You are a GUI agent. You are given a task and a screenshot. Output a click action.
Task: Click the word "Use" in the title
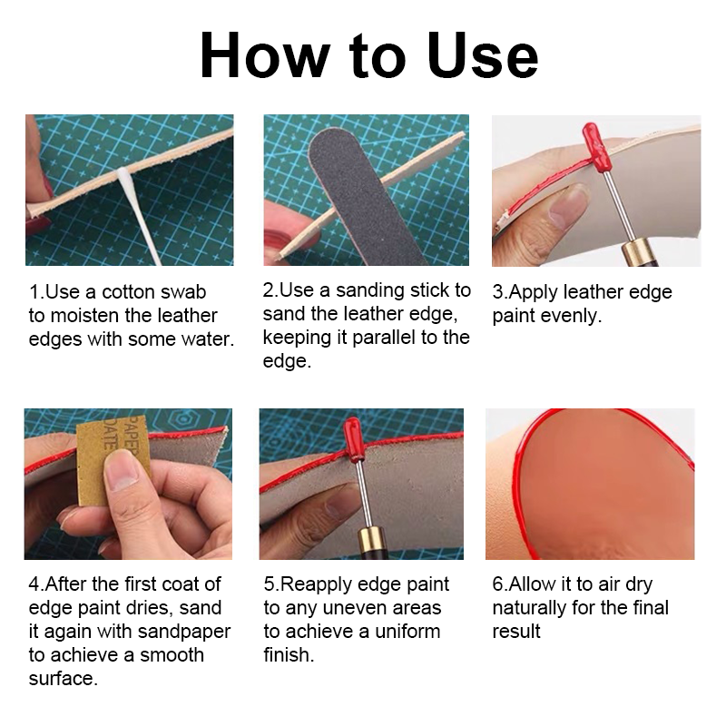[483, 55]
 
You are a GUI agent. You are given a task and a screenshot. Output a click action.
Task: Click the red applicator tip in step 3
[594, 145]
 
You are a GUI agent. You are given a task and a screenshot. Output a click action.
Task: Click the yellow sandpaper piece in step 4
[113, 466]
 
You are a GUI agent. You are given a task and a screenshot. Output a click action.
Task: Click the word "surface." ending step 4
[64, 679]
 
